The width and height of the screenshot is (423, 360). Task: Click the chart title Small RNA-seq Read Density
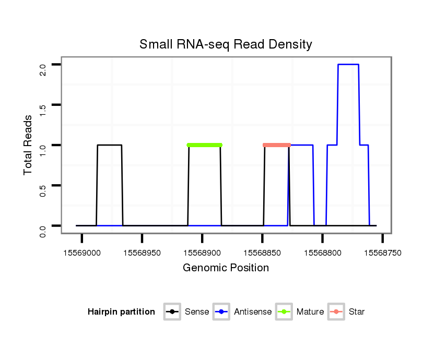click(226, 44)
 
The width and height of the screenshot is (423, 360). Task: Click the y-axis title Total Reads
click(29, 145)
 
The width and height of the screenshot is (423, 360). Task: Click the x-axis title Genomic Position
click(226, 268)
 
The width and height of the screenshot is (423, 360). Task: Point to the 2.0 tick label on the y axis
click(43, 69)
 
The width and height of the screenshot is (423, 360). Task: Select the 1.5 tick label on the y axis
click(43, 109)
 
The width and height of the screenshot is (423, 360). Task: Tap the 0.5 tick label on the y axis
click(43, 190)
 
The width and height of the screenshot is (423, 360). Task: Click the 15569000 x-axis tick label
click(82, 253)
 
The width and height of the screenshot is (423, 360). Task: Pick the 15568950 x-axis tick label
click(142, 253)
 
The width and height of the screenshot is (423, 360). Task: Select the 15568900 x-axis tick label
click(202, 253)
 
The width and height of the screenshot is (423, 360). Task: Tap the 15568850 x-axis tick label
click(262, 253)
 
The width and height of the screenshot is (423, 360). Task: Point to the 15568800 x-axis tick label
click(322, 253)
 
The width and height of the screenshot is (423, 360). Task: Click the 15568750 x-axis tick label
click(382, 253)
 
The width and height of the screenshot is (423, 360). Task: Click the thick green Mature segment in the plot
click(204, 145)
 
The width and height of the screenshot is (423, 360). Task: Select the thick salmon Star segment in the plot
click(277, 145)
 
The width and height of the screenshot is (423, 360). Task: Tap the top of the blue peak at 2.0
click(348, 65)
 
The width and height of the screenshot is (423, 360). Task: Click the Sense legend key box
click(172, 312)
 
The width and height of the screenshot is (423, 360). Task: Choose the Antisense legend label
click(253, 312)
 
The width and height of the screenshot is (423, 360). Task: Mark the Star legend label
click(356, 312)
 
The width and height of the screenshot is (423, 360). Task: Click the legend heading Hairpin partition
click(121, 312)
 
